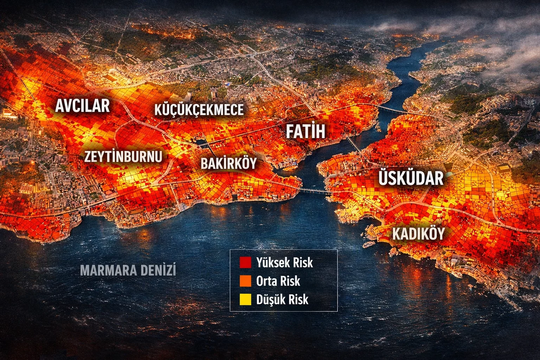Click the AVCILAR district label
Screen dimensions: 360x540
click(82, 106)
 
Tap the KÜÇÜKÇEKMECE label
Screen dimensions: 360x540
click(199, 110)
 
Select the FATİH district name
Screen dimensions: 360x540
click(306, 131)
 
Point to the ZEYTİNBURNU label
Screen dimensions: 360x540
click(123, 156)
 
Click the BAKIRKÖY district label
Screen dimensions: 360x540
click(229, 163)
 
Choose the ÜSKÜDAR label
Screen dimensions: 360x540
click(411, 178)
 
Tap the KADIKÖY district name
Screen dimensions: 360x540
click(418, 234)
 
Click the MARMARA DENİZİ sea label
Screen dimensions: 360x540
click(128, 270)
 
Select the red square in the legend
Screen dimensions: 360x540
click(245, 263)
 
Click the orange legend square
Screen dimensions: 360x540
click(245, 281)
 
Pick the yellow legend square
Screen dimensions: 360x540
click(245, 299)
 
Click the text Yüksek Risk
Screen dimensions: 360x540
click(284, 263)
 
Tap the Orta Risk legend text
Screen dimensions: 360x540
click(278, 281)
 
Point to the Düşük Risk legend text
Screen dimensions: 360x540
click(282, 299)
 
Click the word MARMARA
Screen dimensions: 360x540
click(109, 270)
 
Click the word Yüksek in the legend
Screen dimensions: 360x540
click(273, 263)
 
